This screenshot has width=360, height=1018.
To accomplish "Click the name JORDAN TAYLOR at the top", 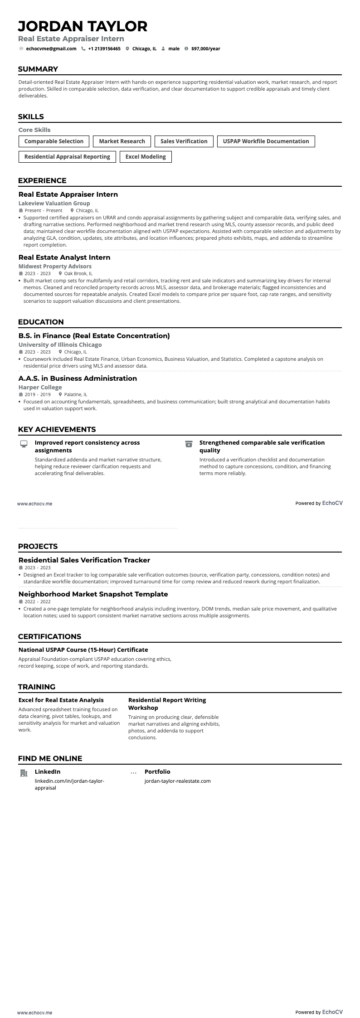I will tap(83, 26).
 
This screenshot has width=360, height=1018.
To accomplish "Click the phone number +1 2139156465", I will tap(104, 48).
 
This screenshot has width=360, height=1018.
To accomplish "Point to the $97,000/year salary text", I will tap(205, 48).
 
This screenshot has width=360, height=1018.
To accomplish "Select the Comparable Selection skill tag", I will tap(54, 141).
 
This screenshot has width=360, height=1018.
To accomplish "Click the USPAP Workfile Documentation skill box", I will tap(266, 141).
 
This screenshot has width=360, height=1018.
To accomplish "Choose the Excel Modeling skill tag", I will tap(146, 157).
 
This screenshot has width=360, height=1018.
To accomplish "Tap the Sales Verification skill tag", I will tap(184, 141).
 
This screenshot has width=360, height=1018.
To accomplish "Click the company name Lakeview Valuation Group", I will tap(54, 204).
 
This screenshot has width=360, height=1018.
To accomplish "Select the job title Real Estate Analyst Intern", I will tap(64, 257).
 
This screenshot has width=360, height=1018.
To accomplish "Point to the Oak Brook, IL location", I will tap(78, 274).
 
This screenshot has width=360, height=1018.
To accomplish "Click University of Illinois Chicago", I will tap(60, 345).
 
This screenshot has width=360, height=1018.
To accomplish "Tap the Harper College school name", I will tap(40, 388).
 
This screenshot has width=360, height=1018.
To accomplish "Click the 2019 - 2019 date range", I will tap(38, 395).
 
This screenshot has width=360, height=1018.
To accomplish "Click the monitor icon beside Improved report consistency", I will tap(24, 444).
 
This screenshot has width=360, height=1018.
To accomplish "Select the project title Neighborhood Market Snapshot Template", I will tap(93, 594).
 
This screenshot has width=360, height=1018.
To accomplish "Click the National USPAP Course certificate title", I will tap(83, 650).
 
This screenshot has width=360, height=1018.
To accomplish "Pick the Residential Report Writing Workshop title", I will tap(167, 704).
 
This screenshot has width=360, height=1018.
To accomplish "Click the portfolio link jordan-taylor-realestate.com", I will tap(177, 781).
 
